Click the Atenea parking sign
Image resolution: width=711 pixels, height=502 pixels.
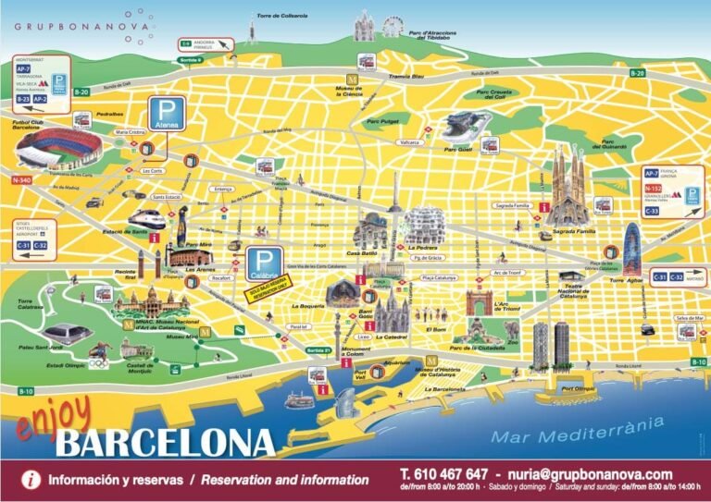168,116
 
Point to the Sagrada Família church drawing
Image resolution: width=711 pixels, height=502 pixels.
568,189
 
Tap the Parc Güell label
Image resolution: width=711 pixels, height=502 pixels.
457,148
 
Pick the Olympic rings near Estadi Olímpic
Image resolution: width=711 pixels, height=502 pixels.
98,350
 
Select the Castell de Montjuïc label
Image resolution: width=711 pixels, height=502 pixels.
138,369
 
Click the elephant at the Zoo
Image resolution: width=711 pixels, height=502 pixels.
510,328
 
